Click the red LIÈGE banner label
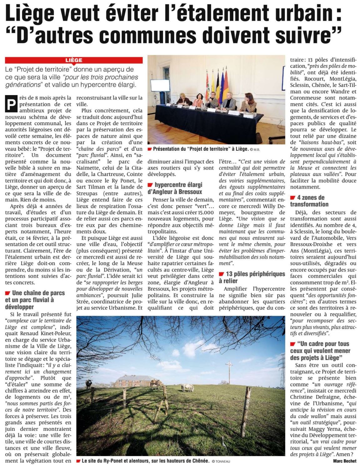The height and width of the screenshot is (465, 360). tap(74, 60)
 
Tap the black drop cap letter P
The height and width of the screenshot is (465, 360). tap(11, 104)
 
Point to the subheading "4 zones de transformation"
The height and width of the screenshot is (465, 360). tap(309, 201)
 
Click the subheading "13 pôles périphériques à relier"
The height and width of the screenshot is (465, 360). tap(252, 277)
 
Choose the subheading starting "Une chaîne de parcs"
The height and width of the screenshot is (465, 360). tap(35, 300)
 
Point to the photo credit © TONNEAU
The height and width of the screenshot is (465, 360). tap(221, 461)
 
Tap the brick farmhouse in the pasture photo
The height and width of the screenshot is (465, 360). tap(128, 382)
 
